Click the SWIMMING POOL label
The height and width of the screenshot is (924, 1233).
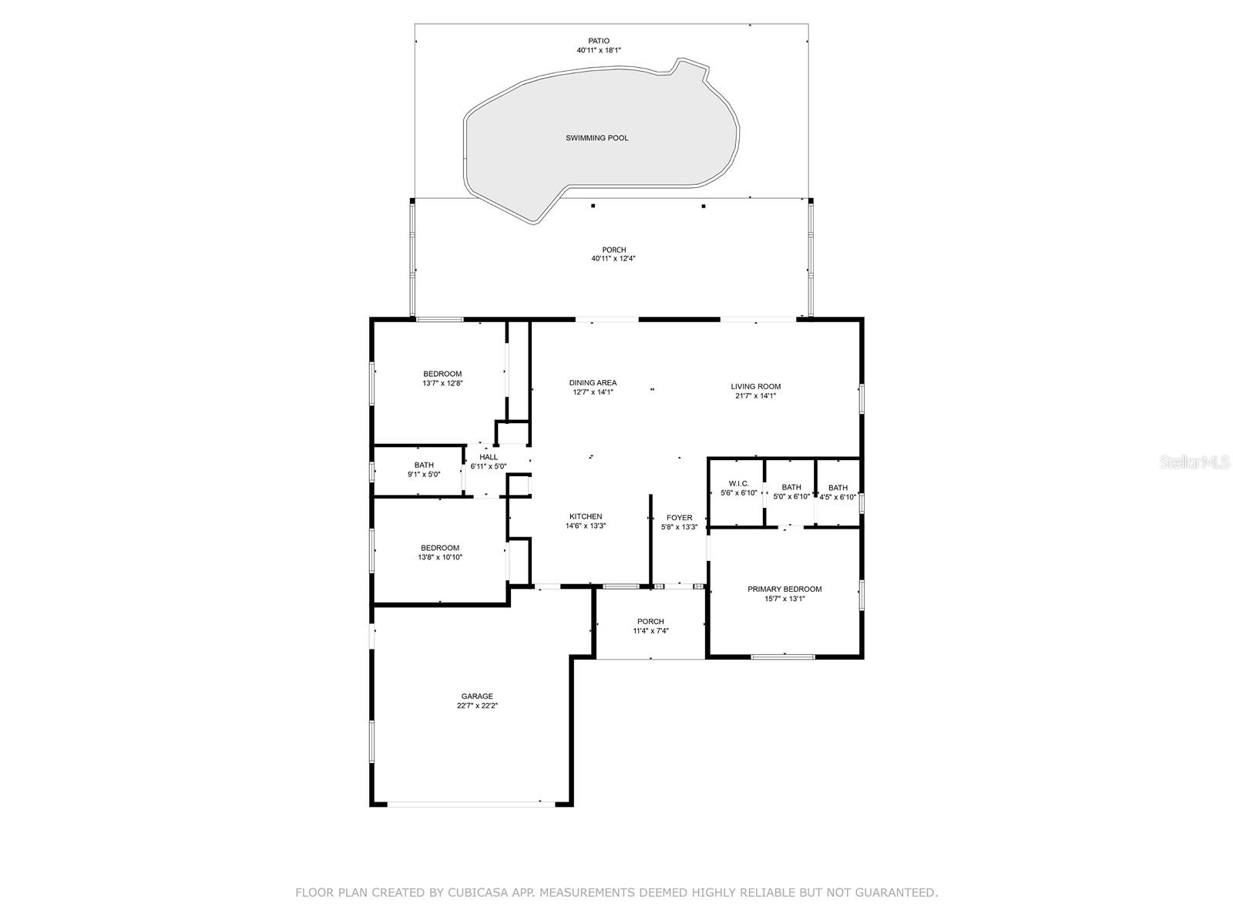click(x=596, y=138)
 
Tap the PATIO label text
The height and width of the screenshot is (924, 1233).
click(x=598, y=40)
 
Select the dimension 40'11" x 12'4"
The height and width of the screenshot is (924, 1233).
click(x=613, y=259)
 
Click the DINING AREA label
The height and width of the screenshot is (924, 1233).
click(x=593, y=383)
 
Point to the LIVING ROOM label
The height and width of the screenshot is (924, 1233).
click(x=755, y=386)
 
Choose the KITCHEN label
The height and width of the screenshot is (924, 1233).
click(x=586, y=517)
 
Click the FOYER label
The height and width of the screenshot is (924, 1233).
click(x=679, y=518)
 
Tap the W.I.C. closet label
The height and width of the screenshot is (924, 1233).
click(x=739, y=484)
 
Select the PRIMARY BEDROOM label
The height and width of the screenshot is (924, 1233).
click(x=784, y=590)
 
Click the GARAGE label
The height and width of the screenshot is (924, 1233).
click(x=477, y=697)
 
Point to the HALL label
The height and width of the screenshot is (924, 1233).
click(x=488, y=457)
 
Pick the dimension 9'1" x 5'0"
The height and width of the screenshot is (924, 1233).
click(x=424, y=475)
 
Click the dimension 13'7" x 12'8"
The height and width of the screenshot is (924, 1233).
click(x=442, y=384)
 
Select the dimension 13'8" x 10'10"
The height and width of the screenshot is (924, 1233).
click(x=440, y=558)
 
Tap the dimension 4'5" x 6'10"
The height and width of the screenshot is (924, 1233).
click(x=838, y=497)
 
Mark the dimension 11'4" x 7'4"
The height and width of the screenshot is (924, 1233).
click(x=650, y=631)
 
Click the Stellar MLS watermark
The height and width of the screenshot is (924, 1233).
click(x=1194, y=462)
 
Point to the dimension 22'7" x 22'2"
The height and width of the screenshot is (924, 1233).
click(x=477, y=706)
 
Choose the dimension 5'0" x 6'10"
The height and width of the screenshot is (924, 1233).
click(x=791, y=497)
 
